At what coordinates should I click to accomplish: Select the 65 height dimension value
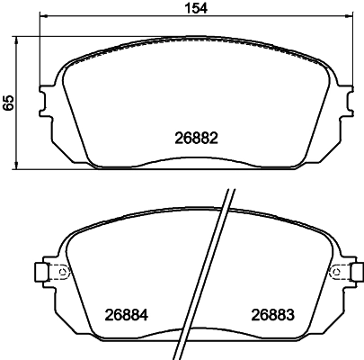pos(9,103)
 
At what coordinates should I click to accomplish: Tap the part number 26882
pos(196,139)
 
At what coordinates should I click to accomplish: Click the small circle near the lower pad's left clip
pos(61,273)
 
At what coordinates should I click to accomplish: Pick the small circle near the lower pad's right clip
pos(330,273)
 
